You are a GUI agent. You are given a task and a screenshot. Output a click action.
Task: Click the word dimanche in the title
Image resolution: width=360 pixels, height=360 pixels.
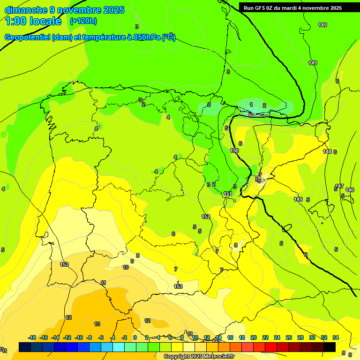26,10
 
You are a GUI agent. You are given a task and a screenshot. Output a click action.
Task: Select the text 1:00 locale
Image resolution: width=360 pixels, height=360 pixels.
33,21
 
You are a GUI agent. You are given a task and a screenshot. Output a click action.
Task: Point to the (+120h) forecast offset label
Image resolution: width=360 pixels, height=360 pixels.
83,21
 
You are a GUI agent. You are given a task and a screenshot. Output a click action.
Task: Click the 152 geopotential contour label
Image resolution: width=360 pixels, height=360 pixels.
206,217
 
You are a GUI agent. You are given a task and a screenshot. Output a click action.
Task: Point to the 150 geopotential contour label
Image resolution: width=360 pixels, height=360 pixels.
234,150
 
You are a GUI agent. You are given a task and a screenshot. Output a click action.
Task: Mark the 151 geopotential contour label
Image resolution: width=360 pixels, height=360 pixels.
228,194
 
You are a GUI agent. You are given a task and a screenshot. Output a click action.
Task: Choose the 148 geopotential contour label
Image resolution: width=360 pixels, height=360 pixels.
327,151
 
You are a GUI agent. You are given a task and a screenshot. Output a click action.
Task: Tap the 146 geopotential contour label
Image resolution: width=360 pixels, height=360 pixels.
350,190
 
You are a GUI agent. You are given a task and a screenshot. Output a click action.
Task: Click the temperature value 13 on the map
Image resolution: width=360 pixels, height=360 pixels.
97,324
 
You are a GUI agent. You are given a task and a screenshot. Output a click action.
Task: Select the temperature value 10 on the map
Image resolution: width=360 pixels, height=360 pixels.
126,267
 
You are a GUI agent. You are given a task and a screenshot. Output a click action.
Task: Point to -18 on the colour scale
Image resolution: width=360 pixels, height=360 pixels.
32,337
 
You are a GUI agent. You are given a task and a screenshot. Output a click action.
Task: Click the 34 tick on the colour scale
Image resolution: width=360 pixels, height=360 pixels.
335,337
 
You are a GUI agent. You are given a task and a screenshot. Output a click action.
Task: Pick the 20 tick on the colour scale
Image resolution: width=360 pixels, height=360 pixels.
253,337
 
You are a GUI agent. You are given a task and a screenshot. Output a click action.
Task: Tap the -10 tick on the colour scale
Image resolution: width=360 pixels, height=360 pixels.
79,337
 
